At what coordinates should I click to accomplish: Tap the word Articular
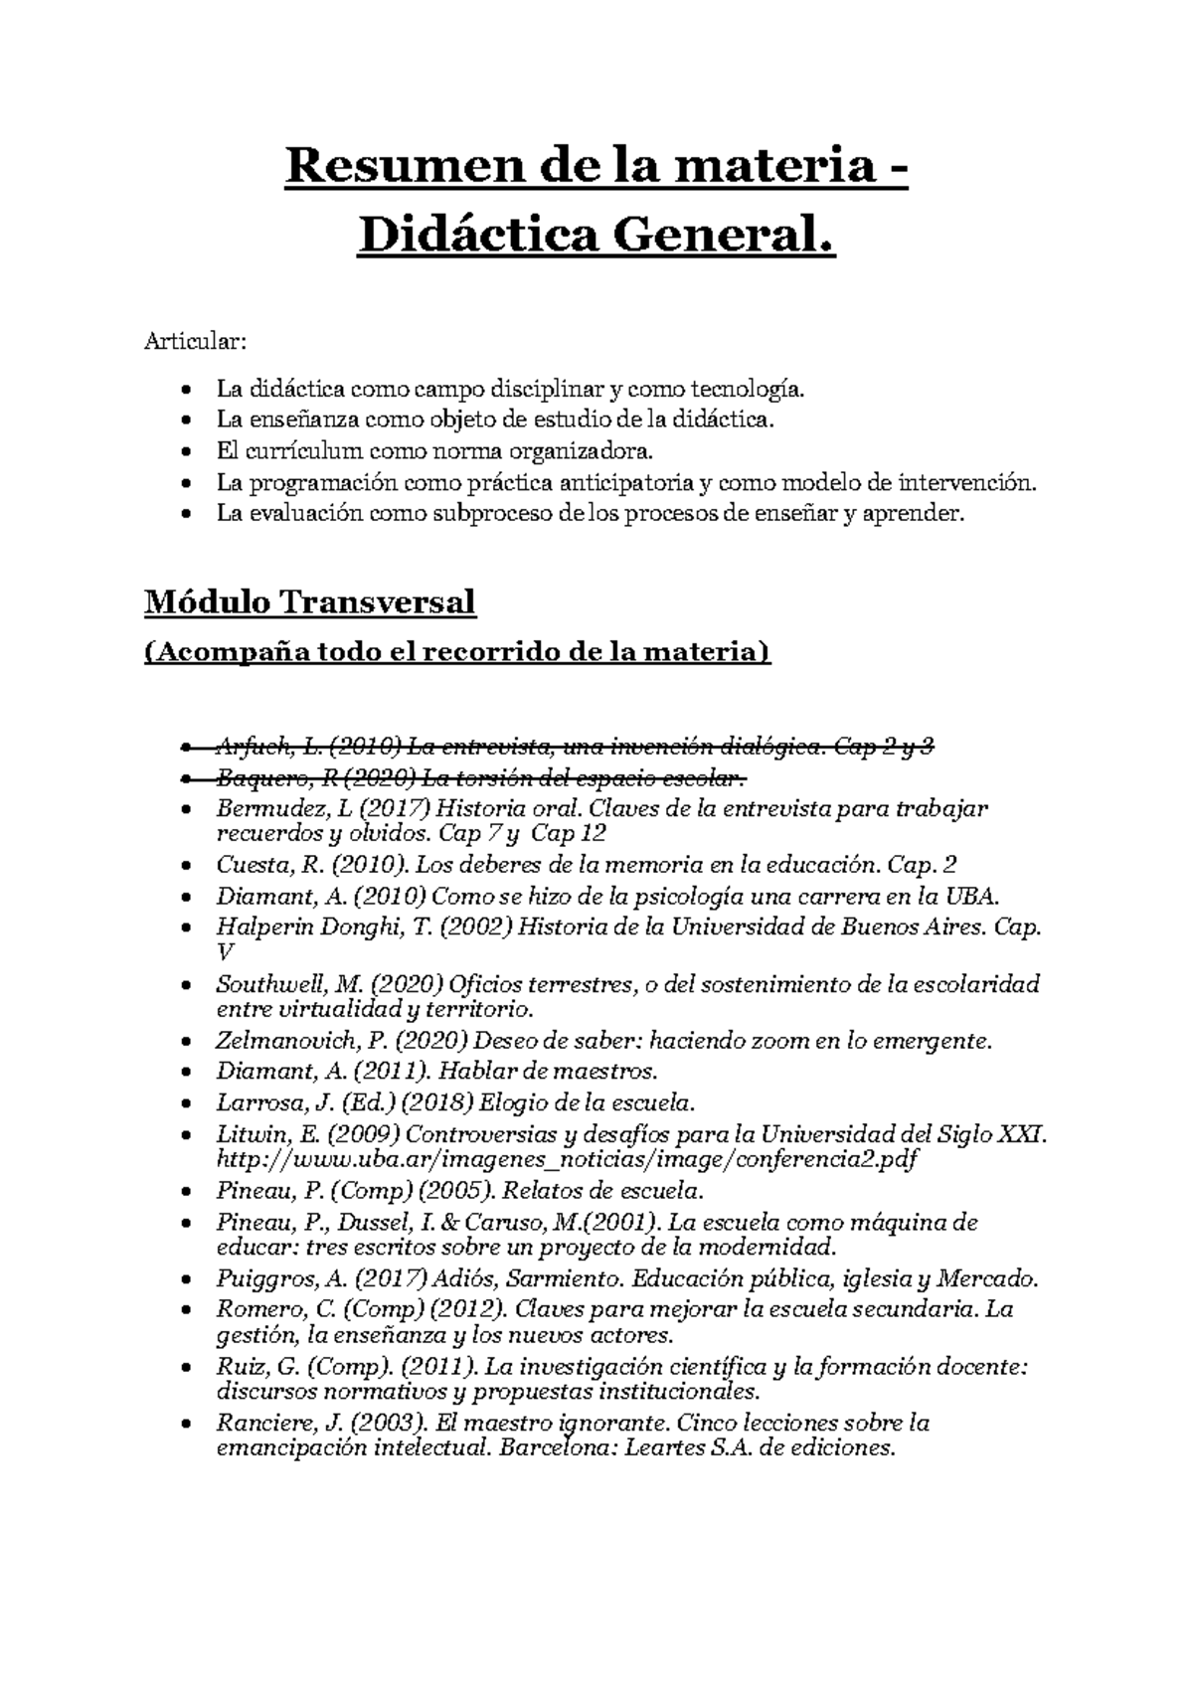click(194, 343)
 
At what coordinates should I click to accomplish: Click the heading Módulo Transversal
click(310, 602)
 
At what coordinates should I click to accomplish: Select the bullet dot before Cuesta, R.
click(187, 866)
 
